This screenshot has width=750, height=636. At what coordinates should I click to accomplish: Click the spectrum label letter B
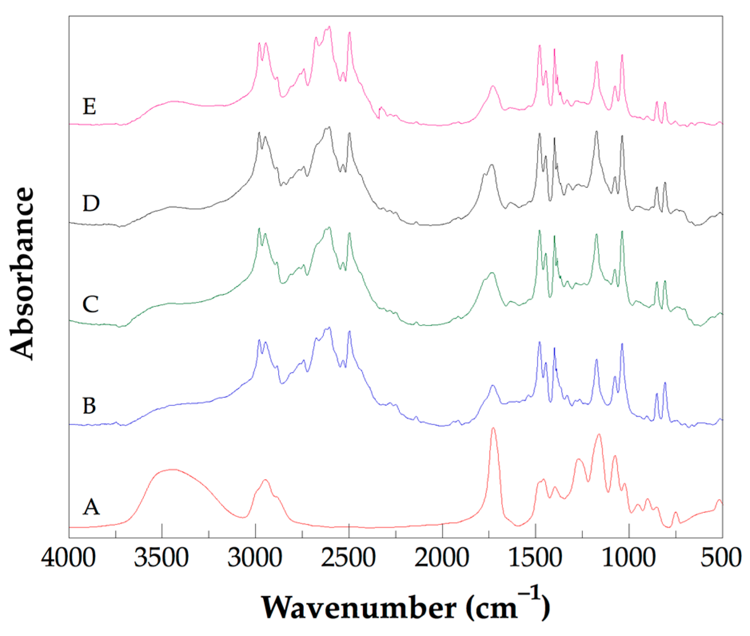(x=89, y=406)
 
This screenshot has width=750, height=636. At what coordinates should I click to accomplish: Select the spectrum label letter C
(x=90, y=304)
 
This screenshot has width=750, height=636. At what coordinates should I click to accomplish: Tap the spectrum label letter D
(x=91, y=204)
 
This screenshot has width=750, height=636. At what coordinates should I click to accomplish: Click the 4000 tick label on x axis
(x=68, y=557)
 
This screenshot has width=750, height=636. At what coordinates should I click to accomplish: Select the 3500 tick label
(x=161, y=557)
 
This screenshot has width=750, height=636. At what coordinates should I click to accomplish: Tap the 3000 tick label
(x=255, y=557)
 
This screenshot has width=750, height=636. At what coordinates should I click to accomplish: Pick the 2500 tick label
(x=348, y=557)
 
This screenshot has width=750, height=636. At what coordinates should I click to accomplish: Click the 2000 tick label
(x=442, y=557)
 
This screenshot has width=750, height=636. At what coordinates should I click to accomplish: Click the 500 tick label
(x=722, y=557)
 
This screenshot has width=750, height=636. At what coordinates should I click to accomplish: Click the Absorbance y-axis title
(x=22, y=274)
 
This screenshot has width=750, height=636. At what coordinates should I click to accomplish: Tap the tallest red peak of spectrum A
(x=493, y=428)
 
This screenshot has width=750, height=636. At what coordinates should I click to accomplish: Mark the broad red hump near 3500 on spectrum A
(x=172, y=470)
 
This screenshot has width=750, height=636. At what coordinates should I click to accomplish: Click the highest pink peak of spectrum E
(x=329, y=27)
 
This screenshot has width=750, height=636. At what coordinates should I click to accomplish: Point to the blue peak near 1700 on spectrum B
(x=493, y=386)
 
